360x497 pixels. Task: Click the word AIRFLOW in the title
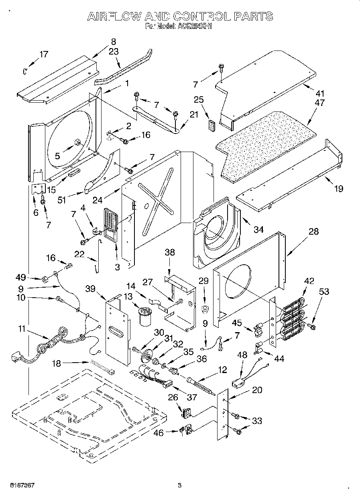[x=114, y=16]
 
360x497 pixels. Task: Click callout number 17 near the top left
[x=44, y=55]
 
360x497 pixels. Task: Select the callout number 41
[x=319, y=93]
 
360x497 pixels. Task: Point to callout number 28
[x=313, y=231]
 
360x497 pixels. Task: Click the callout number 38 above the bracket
[x=170, y=253]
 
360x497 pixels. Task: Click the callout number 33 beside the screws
[x=257, y=421]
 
